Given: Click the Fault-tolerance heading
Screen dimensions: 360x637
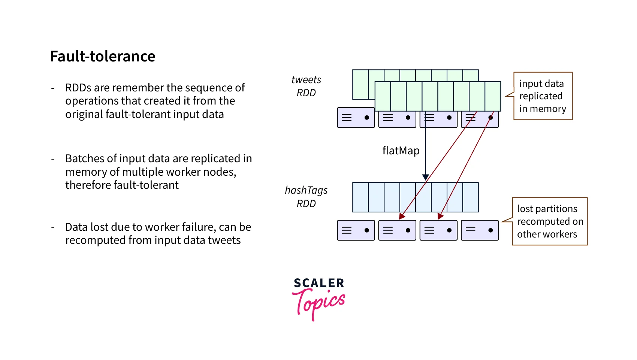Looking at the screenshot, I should coord(103,57).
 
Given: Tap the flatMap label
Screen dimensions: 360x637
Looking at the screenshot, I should coord(401,151).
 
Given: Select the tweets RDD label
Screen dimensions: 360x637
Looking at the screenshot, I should coord(306,86).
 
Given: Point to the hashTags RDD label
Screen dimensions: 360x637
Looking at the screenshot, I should coord(306,197).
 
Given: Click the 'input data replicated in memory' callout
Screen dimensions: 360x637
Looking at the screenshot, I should coord(543,96).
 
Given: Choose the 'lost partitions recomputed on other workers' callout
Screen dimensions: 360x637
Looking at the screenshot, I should coord(550,221).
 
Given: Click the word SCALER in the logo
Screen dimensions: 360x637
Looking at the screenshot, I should coord(319,283).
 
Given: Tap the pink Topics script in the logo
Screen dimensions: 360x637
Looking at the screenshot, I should coord(319,303).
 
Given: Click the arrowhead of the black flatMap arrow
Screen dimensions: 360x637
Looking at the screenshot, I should coord(425,177).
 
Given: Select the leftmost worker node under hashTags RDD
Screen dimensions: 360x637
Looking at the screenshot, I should coord(356,230).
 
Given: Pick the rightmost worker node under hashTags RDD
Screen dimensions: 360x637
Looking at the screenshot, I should coord(480,230).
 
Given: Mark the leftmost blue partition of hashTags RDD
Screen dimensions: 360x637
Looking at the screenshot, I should coord(360,197).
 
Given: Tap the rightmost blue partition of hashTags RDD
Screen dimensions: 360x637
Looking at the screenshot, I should coord(471,197).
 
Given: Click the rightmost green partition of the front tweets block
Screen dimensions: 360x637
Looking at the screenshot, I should coord(493,96).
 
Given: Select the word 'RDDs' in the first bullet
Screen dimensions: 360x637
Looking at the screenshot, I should coord(78,88).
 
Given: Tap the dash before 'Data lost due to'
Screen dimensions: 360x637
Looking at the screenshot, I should coord(53,227).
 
